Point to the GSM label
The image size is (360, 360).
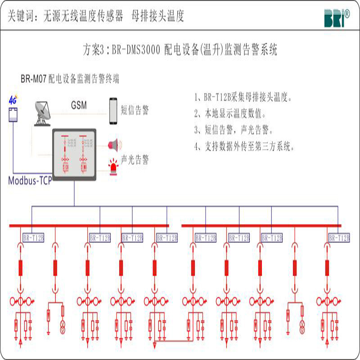point(79,105)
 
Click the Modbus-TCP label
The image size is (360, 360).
point(30,181)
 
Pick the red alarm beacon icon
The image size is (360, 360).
point(112,165)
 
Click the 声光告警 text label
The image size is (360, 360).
point(135,160)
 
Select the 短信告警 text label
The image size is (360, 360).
point(135,111)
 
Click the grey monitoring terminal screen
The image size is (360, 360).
point(74,154)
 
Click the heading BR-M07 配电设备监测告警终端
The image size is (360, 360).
point(70,79)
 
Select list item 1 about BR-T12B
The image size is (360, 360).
point(244,97)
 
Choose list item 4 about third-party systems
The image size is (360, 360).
point(245,146)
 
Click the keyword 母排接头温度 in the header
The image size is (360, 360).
point(157,17)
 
